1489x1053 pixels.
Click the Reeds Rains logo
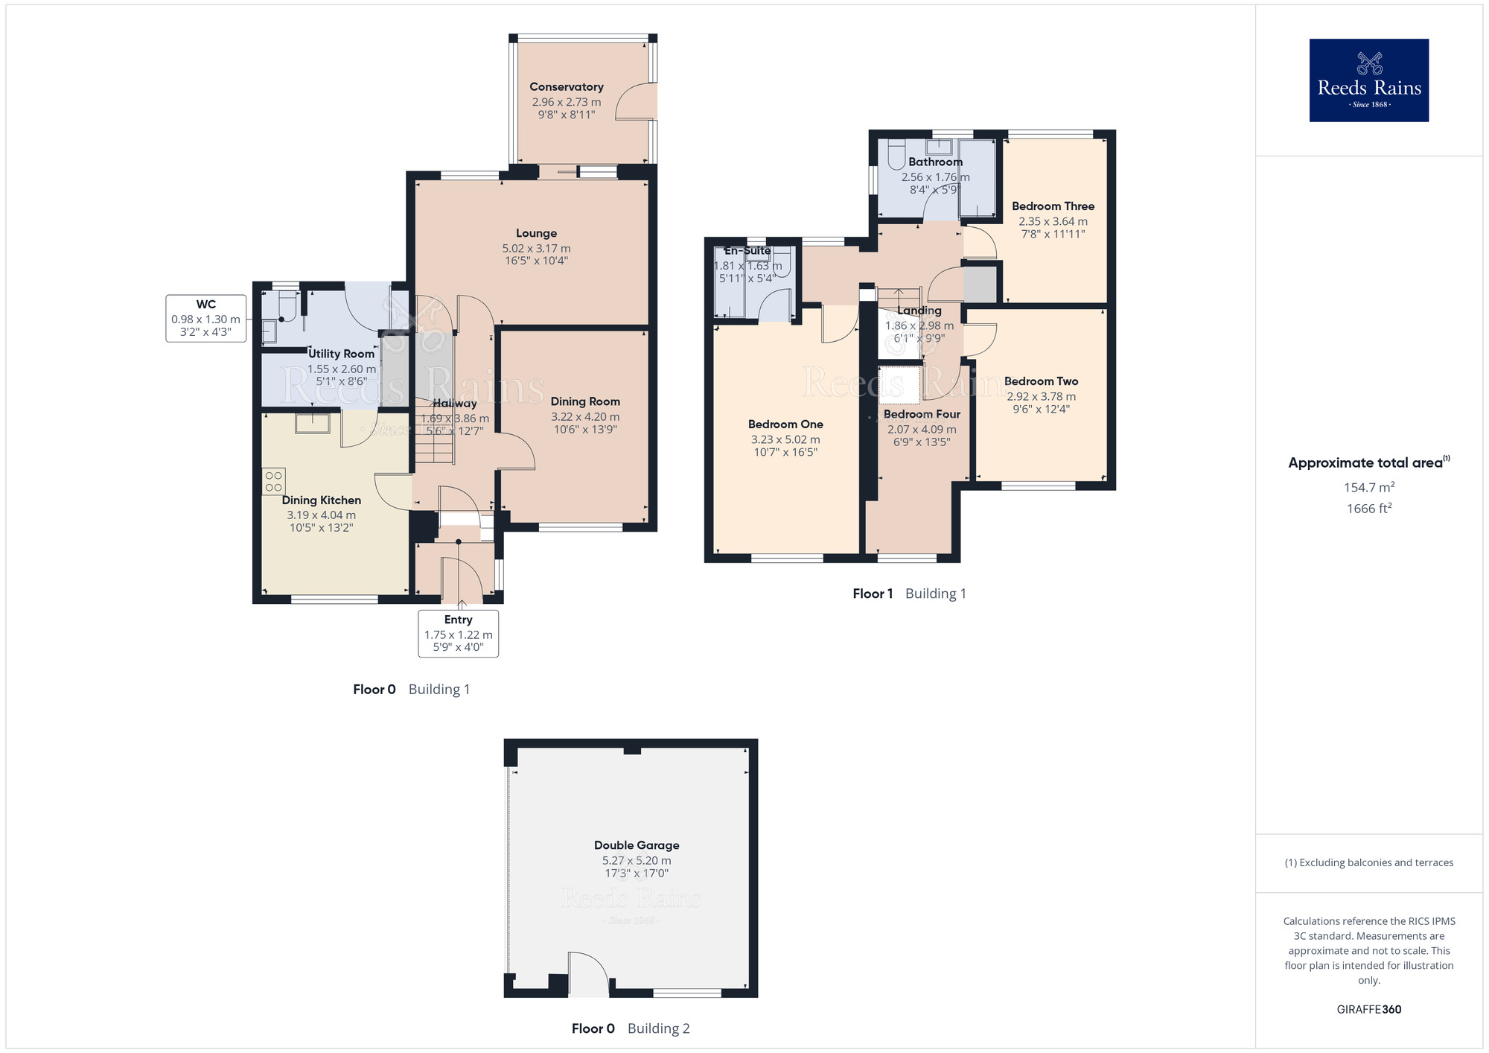click(1368, 80)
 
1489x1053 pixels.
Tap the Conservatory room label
click(566, 87)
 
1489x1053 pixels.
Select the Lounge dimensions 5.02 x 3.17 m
click(536, 249)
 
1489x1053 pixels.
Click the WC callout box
click(206, 318)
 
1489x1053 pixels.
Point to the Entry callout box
click(458, 633)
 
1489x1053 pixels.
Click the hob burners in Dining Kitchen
click(273, 481)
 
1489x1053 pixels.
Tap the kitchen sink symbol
click(313, 423)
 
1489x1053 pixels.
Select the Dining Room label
click(584, 401)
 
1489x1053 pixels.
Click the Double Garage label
click(637, 845)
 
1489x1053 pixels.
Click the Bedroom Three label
click(1053, 206)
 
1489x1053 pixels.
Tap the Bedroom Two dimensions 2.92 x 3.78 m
click(1041, 397)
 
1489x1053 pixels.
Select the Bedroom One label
click(785, 424)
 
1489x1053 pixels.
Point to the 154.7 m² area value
click(1368, 488)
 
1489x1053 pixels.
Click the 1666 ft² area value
click(1368, 509)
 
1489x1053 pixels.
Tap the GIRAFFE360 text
click(1368, 1010)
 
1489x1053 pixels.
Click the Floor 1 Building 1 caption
click(909, 594)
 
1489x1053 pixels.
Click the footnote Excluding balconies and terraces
click(1368, 862)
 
